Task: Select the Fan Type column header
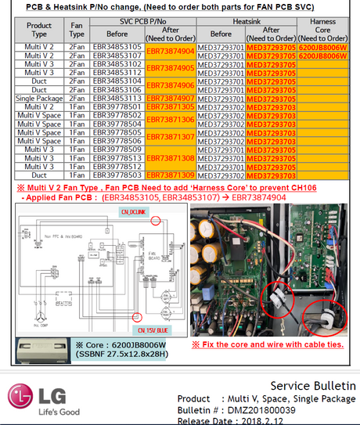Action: click(x=77, y=30)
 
